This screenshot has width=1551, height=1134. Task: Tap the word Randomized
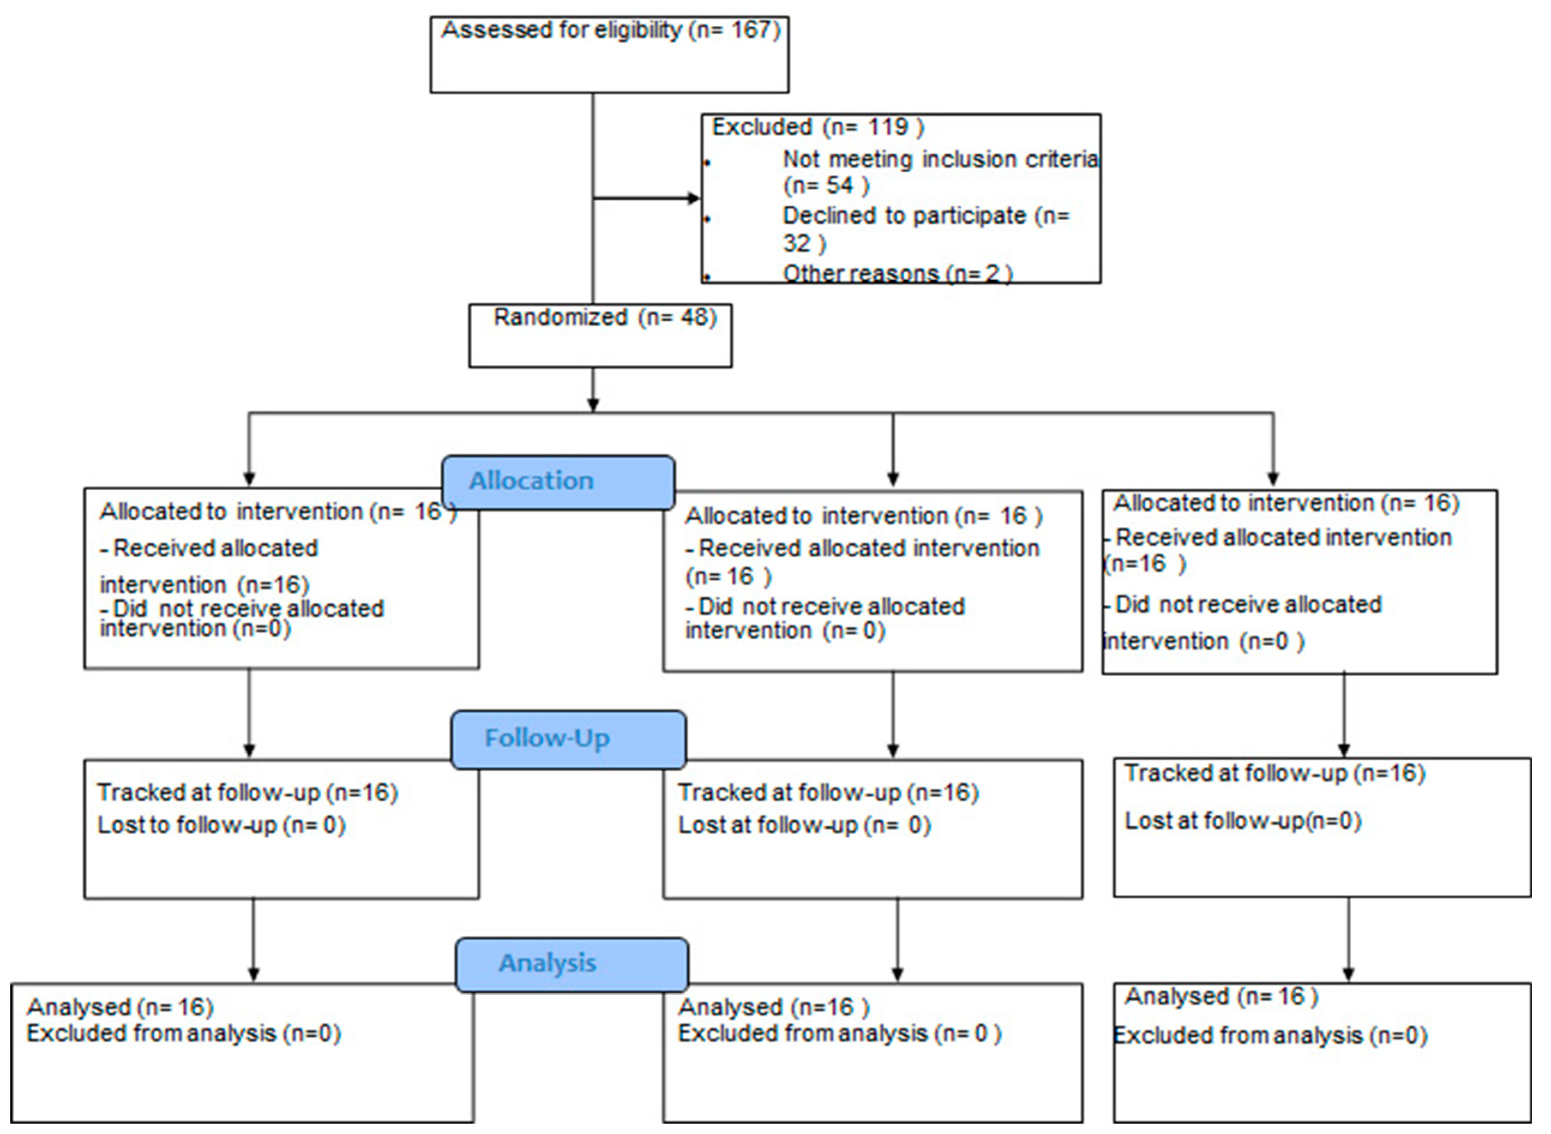pos(560,317)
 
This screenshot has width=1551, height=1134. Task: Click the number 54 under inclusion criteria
pos(839,185)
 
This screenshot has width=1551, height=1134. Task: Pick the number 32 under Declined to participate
pos(797,243)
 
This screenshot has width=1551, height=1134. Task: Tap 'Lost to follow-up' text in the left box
pos(187,825)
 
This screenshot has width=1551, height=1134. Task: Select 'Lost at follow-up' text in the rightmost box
pos(1214,820)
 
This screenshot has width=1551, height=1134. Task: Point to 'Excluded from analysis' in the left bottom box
pos(151,1033)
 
